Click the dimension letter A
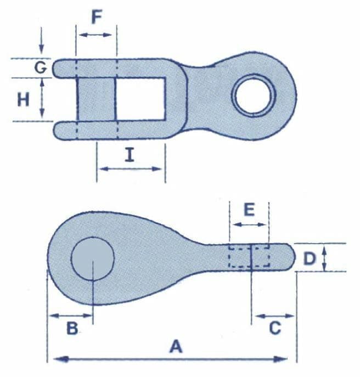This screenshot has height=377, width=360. point(176,346)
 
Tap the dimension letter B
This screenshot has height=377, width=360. point(72,328)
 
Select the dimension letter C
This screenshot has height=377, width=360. point(275,328)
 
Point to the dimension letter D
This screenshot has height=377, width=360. point(310,258)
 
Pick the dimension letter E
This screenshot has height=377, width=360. point(249,210)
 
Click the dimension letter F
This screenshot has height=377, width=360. point(97,17)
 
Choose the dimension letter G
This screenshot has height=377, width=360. point(41,67)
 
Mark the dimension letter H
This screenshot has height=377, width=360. point(24,99)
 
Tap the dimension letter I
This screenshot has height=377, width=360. point(130,155)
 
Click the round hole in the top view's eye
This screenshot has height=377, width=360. point(254,95)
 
